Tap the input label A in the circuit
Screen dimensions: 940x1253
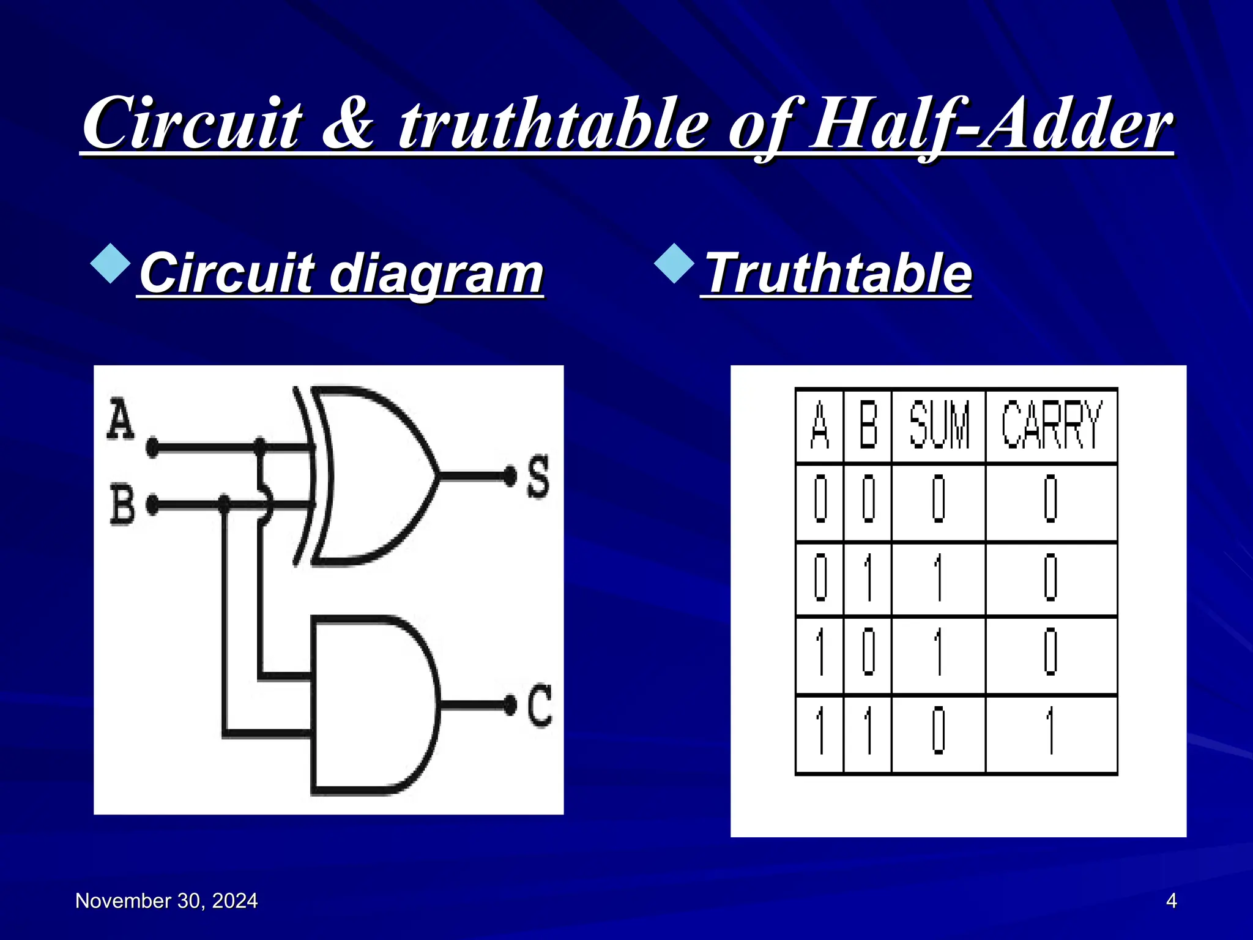(121, 420)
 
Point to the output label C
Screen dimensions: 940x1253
(540, 706)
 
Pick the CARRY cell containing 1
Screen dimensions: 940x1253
(1051, 731)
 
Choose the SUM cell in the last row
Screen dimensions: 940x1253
(939, 731)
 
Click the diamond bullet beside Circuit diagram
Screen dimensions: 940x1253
(111, 264)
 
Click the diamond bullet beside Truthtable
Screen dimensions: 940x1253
(674, 264)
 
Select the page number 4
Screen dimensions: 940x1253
(1171, 901)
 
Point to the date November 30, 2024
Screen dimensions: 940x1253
(166, 901)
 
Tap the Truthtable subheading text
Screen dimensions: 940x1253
(838, 273)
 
